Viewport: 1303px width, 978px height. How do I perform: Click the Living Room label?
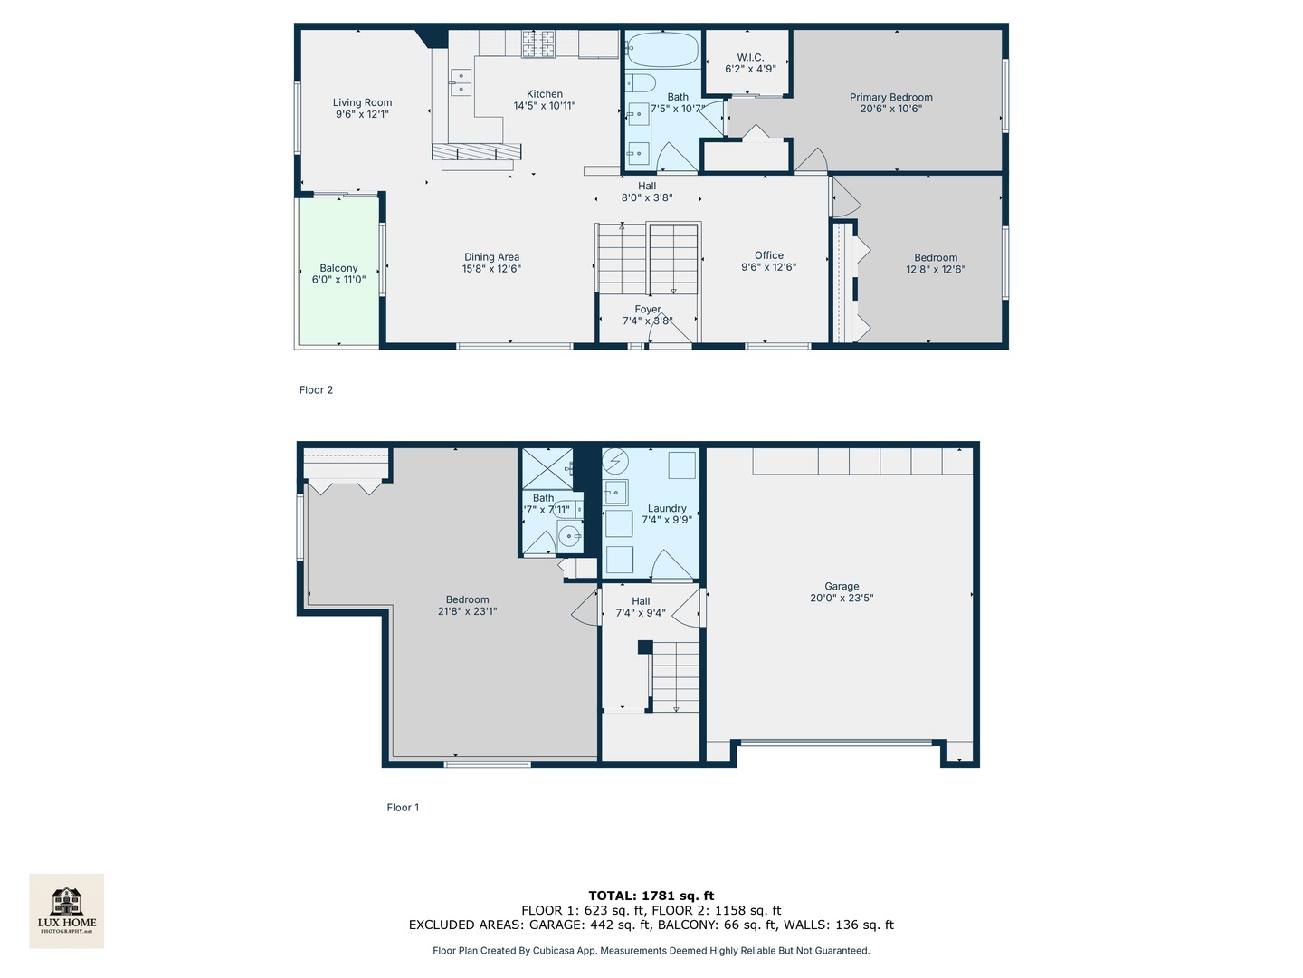pos(362,102)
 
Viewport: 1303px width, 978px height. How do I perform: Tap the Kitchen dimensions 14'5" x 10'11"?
pos(544,106)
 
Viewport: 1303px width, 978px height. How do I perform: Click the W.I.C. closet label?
pos(750,57)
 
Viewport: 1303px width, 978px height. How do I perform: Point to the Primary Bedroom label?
pos(890,97)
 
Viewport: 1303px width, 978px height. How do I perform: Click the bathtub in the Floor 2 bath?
pos(662,49)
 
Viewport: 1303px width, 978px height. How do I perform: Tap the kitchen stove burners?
pos(537,43)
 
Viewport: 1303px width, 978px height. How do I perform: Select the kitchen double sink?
pos(461,82)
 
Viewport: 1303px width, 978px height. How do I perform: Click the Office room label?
pos(768,255)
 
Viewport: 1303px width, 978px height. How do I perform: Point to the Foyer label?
pos(647,310)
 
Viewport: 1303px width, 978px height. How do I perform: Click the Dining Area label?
pos(491,257)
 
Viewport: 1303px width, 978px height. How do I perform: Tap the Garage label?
pos(842,586)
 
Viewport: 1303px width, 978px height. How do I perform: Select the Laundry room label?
pos(667,508)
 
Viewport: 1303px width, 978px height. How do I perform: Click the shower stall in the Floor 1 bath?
pos(547,468)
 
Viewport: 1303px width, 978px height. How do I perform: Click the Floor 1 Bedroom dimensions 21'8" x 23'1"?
pos(467,611)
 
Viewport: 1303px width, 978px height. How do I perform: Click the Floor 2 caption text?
pos(316,390)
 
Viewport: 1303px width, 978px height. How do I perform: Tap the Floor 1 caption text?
pos(403,808)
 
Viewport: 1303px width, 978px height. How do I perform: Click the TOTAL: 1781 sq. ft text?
pos(651,896)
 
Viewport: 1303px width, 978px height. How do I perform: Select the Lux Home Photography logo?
pos(67,910)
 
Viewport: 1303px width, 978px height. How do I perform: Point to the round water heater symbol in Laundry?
pos(615,462)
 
